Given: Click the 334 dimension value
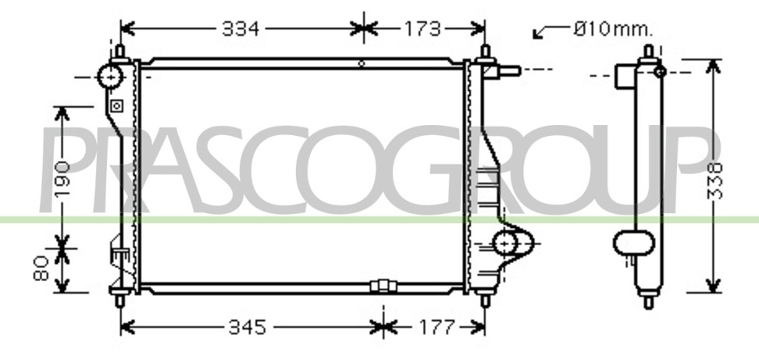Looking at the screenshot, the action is (241, 30).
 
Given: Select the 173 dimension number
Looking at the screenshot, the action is (422, 30).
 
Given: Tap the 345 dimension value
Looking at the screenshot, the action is (248, 327).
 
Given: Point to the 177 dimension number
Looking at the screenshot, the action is (437, 327).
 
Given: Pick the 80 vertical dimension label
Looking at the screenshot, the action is (41, 269).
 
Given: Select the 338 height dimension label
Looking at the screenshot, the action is (715, 181).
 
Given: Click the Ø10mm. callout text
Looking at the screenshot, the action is (613, 30).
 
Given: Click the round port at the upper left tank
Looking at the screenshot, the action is (109, 77).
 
